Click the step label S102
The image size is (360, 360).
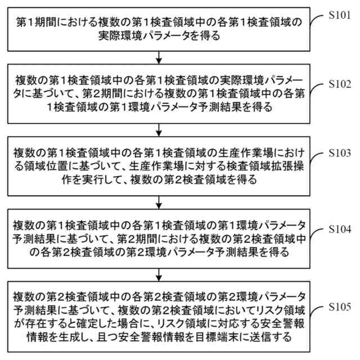tap(340, 84)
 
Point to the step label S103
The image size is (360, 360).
tap(340, 154)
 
